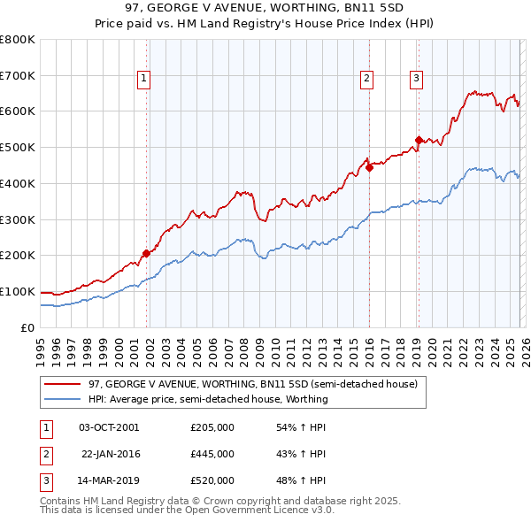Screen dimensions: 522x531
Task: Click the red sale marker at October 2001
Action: pos(146,253)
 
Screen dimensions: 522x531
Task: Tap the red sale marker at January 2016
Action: pos(369,167)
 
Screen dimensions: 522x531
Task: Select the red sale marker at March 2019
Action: pos(419,139)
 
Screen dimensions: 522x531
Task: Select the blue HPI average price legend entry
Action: pos(208,399)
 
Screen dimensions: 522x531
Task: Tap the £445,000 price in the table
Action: pos(212,454)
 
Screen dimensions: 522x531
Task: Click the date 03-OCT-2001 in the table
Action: pos(109,427)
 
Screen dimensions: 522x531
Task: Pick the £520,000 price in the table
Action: pos(212,480)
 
